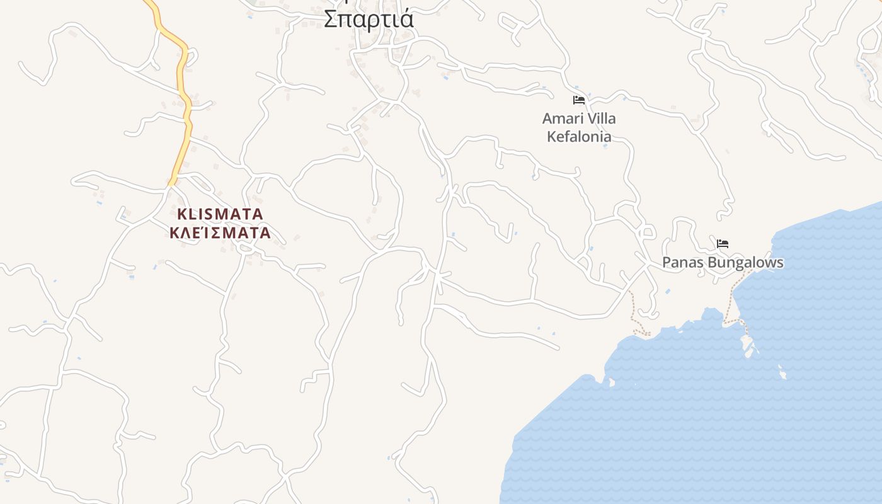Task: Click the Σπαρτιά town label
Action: point(369,19)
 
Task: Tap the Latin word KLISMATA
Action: point(220,214)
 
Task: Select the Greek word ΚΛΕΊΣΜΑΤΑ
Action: point(220,233)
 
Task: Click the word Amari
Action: point(561,119)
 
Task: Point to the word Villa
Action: point(600,119)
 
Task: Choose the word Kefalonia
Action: point(579,137)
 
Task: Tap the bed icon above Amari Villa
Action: point(579,100)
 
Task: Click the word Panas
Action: point(680,263)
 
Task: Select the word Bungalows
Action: point(743,263)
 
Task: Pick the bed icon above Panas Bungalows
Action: point(723,244)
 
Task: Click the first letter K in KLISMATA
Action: point(181,214)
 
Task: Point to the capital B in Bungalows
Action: point(707,263)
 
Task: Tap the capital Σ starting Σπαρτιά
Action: point(329,19)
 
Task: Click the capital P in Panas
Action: point(667,263)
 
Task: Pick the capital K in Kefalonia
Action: point(551,137)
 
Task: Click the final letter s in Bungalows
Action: point(780,263)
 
